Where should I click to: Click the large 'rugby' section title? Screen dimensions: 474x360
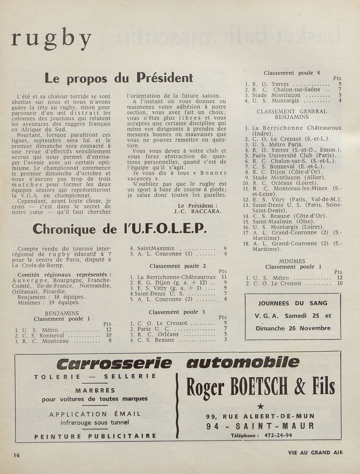tap(51, 40)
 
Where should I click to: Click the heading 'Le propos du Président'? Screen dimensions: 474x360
tap(118, 78)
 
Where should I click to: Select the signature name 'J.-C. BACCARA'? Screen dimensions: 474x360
tap(198, 211)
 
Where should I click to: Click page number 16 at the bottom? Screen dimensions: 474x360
tap(16, 455)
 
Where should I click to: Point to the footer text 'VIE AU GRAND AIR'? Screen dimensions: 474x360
tap(315, 452)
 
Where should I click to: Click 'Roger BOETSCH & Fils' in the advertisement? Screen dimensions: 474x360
tap(260, 387)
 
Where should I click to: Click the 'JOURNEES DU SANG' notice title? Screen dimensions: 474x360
tap(293, 303)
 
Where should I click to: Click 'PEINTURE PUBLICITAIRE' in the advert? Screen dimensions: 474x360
tap(95, 436)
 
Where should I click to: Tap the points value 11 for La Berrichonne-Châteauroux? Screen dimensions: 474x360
tap(224, 277)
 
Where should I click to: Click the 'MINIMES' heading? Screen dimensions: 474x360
tap(292, 261)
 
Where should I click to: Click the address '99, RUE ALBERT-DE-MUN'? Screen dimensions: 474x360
tap(260, 416)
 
